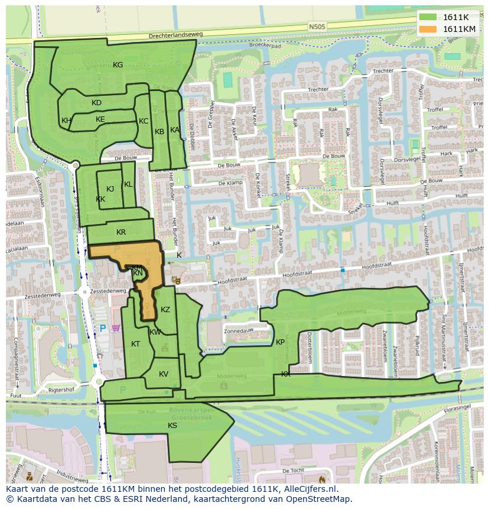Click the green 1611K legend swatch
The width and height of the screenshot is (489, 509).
[x=429, y=17]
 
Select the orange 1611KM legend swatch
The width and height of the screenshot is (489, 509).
[x=429, y=29]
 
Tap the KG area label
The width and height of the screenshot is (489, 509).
[x=118, y=65]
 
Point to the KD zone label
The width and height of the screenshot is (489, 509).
[x=97, y=103]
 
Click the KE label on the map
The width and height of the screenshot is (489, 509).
[x=100, y=119]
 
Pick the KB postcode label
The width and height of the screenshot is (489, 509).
[x=159, y=131]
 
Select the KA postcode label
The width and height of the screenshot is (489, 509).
[x=175, y=130]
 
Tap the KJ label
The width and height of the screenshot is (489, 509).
[x=110, y=189]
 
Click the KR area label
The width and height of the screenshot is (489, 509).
[x=121, y=232]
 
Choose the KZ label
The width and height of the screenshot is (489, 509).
[x=165, y=310]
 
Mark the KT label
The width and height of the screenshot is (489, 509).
[x=136, y=344]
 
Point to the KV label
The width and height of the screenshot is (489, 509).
[x=164, y=374]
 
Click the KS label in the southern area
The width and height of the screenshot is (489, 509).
[x=172, y=426]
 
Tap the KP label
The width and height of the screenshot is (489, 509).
[x=281, y=342]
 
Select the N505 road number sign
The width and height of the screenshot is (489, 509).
[x=317, y=27]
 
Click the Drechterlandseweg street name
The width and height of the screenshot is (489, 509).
[x=176, y=35]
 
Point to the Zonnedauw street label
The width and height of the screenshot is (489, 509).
[x=239, y=331]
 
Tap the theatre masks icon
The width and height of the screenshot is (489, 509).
[x=175, y=278]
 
